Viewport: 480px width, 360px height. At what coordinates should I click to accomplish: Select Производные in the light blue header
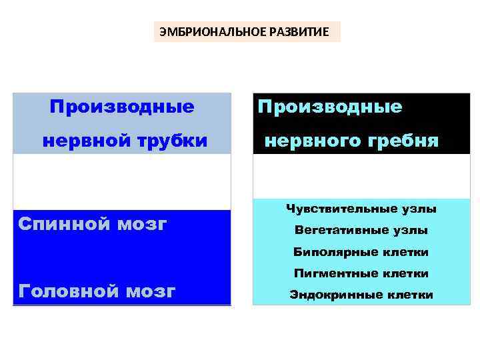click(122, 107)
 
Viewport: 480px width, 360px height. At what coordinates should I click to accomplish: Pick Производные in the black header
click(330, 107)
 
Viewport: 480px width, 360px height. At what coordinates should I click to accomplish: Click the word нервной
click(81, 141)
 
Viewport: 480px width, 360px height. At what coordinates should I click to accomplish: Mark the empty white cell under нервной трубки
click(122, 182)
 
